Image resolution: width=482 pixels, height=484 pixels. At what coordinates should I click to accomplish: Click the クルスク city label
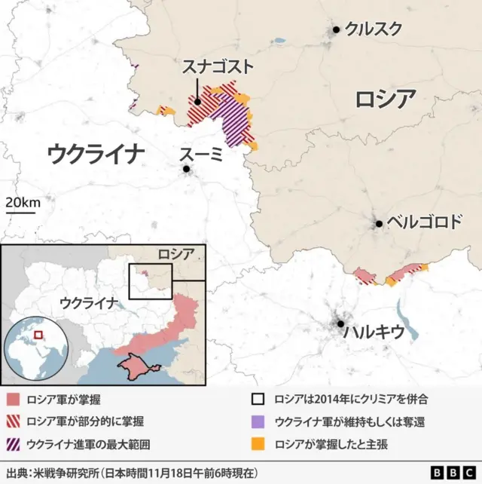(x=374, y=29)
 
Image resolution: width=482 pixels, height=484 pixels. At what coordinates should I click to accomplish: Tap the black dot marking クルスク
(x=336, y=30)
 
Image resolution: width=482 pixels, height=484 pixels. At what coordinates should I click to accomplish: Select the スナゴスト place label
(x=218, y=67)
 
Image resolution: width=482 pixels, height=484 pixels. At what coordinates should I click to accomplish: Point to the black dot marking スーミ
(x=186, y=170)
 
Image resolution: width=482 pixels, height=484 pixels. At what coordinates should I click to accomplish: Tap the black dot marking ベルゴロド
(x=380, y=223)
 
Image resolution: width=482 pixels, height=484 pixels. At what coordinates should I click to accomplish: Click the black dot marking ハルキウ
(x=340, y=324)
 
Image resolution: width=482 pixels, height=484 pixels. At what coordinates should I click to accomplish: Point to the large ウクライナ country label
(x=95, y=155)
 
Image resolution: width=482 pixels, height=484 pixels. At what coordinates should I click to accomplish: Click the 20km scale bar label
(x=23, y=202)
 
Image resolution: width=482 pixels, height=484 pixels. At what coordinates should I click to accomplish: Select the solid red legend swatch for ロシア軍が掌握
(x=12, y=399)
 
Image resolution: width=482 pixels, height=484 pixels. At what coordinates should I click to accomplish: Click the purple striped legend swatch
(x=12, y=443)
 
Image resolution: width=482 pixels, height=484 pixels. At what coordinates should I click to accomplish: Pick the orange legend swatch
(x=260, y=443)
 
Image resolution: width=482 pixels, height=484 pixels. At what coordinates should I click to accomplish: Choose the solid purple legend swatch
(x=260, y=421)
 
